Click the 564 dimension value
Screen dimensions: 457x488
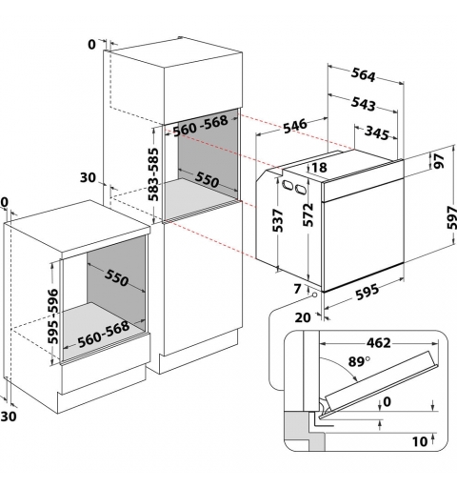click(x=364, y=75)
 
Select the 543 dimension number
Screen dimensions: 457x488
click(x=364, y=104)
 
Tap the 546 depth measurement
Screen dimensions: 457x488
click(x=295, y=126)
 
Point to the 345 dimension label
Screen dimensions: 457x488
click(x=377, y=132)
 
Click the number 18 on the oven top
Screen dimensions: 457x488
click(x=320, y=168)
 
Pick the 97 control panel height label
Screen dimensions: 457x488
click(x=439, y=161)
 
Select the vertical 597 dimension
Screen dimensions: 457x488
click(x=451, y=217)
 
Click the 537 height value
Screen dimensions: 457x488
click(x=277, y=220)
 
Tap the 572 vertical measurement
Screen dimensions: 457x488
click(x=308, y=214)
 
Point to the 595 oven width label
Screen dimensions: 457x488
click(x=368, y=292)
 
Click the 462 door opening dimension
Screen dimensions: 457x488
click(x=379, y=343)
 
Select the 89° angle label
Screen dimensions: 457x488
click(x=359, y=361)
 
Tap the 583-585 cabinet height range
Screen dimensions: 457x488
click(x=153, y=174)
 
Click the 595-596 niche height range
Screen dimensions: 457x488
click(x=53, y=316)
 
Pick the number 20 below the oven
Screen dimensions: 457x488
click(x=303, y=317)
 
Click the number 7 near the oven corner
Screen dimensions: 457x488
click(x=297, y=289)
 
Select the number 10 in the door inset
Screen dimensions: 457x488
click(x=420, y=441)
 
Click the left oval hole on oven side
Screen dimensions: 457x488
click(x=288, y=185)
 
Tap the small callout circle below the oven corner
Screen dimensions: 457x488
click(x=314, y=295)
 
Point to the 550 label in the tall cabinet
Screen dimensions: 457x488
click(x=207, y=179)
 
